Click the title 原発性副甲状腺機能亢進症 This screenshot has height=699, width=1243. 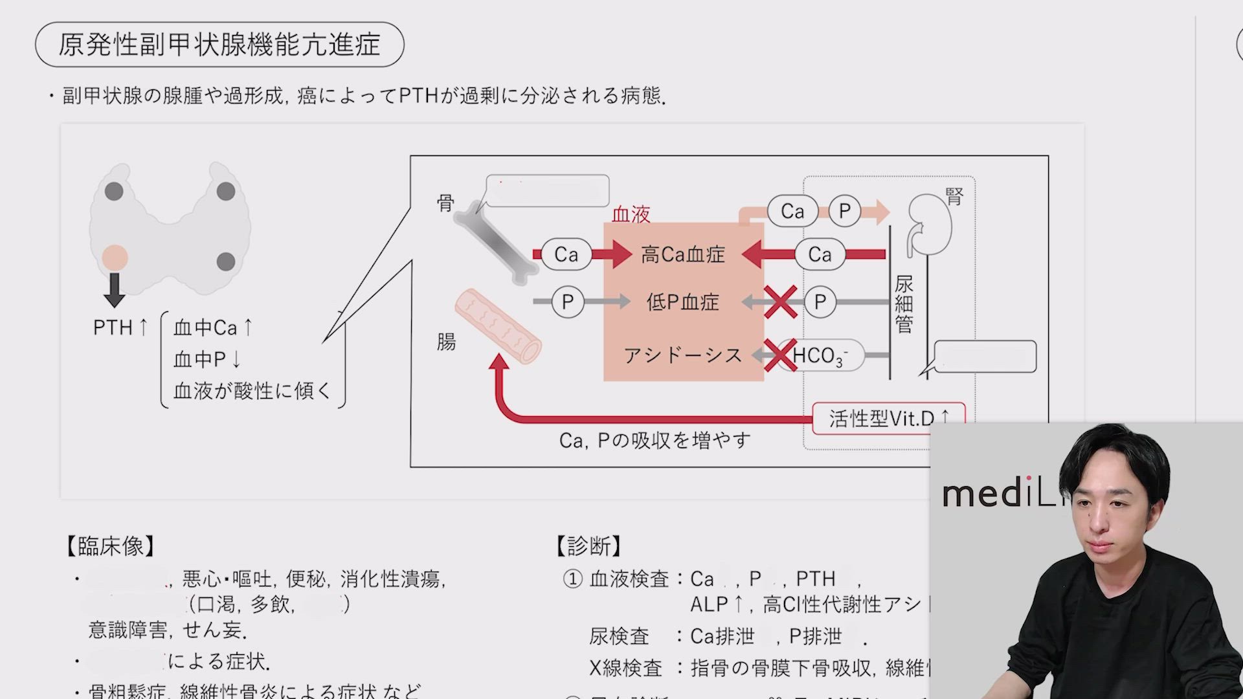coord(219,45)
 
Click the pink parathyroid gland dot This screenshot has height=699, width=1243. coord(115,257)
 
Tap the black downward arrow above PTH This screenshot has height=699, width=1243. coord(115,289)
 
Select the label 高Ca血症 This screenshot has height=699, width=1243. coord(683,254)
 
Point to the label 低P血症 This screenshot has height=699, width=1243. coord(683,302)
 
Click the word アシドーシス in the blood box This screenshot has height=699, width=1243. coord(683,355)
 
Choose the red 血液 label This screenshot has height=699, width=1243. coord(631,214)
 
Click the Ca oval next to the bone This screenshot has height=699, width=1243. coord(566,254)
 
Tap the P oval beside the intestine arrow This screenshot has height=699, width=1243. coord(568,302)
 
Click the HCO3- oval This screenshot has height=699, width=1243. coord(821,355)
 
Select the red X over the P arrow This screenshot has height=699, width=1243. coord(780,302)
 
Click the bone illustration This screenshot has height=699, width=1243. coord(495,246)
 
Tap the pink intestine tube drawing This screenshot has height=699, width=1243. coord(498,326)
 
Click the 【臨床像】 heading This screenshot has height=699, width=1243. coord(110,546)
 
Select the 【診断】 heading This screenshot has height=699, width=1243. coord(588,546)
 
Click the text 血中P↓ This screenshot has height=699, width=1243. coord(207,359)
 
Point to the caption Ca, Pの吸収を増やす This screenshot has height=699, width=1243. coord(655,441)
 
